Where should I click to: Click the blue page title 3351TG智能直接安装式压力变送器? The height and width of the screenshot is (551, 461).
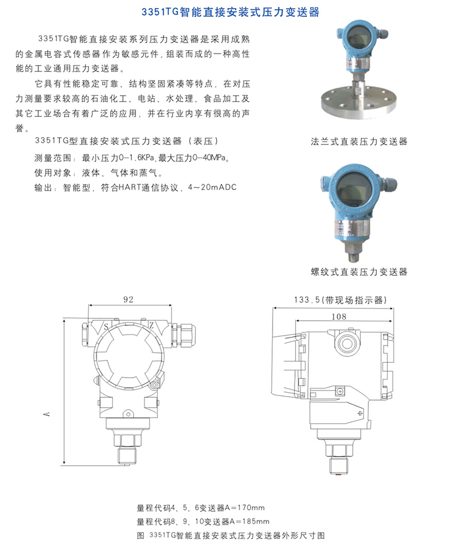(x=231, y=12)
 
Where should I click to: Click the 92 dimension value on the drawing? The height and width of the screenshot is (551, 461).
(x=129, y=299)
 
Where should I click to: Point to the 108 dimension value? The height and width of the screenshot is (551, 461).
(x=339, y=317)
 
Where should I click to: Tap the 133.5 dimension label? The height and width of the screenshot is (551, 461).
(x=307, y=300)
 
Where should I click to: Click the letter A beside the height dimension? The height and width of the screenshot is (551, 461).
(x=47, y=414)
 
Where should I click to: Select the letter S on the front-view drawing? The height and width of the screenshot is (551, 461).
(x=106, y=327)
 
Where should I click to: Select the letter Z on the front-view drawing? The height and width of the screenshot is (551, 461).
(x=151, y=325)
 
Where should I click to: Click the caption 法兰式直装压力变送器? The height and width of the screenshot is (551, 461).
(x=359, y=142)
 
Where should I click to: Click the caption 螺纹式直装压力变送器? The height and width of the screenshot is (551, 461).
(x=359, y=272)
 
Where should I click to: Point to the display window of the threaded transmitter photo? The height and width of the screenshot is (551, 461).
(x=353, y=190)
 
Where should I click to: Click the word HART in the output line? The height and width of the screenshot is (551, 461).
(x=130, y=187)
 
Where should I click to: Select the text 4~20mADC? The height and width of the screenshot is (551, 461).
(x=213, y=187)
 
